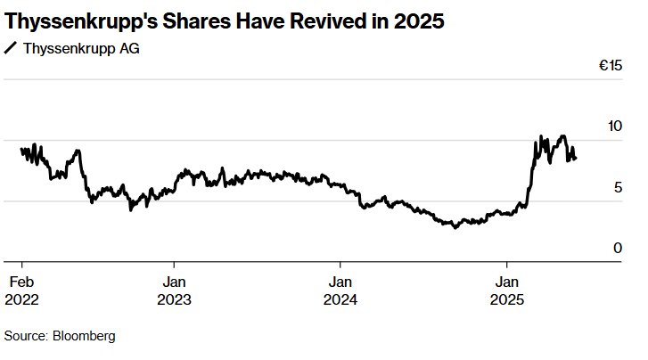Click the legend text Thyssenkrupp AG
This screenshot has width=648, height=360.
pos(80,48)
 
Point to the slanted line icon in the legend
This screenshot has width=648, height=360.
pos(11,48)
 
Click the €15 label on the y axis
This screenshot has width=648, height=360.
pos(610,66)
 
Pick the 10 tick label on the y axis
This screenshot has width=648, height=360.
pos(614,127)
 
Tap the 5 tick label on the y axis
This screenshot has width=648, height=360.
pos(617,187)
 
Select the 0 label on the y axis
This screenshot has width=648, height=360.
pos(617,248)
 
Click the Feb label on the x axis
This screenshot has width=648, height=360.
pos(21,282)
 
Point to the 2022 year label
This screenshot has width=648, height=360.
pos(21,300)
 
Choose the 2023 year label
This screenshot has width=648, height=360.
pos(174,300)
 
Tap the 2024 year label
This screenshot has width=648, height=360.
pos(340,300)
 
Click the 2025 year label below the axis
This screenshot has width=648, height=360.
pos(507,300)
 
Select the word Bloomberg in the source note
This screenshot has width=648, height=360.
pos(85,336)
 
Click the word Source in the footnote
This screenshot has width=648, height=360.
pos(25,336)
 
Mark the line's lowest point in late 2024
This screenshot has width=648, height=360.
pos(455,227)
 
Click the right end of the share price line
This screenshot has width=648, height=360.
pos(576,159)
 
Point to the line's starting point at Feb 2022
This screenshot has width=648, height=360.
pos(21,150)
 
